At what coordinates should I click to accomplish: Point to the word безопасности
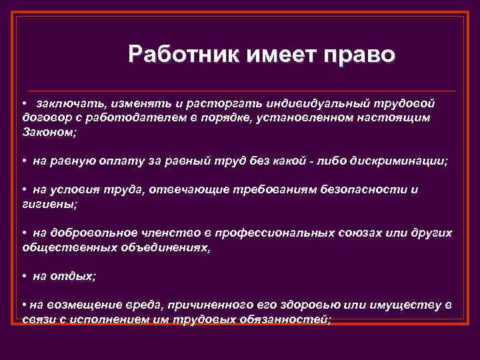pos(366,190)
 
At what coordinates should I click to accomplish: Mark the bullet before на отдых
pos(24,276)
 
